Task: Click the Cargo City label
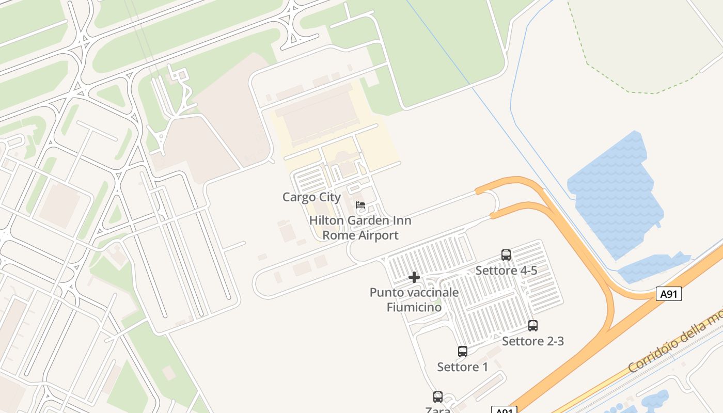point(311,197)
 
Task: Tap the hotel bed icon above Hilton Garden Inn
point(360,205)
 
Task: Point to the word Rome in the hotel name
point(337,235)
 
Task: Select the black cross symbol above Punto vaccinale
point(414,278)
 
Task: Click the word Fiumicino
point(414,307)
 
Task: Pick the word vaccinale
point(432,292)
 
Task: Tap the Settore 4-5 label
point(506,271)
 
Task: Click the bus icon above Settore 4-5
point(506,255)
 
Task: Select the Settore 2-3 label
point(533,341)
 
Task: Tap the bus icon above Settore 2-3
point(533,326)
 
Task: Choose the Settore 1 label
point(463,367)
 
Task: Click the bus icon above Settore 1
point(463,352)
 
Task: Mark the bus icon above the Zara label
point(438,396)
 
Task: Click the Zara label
point(438,410)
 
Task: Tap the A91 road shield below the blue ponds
point(669,294)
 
